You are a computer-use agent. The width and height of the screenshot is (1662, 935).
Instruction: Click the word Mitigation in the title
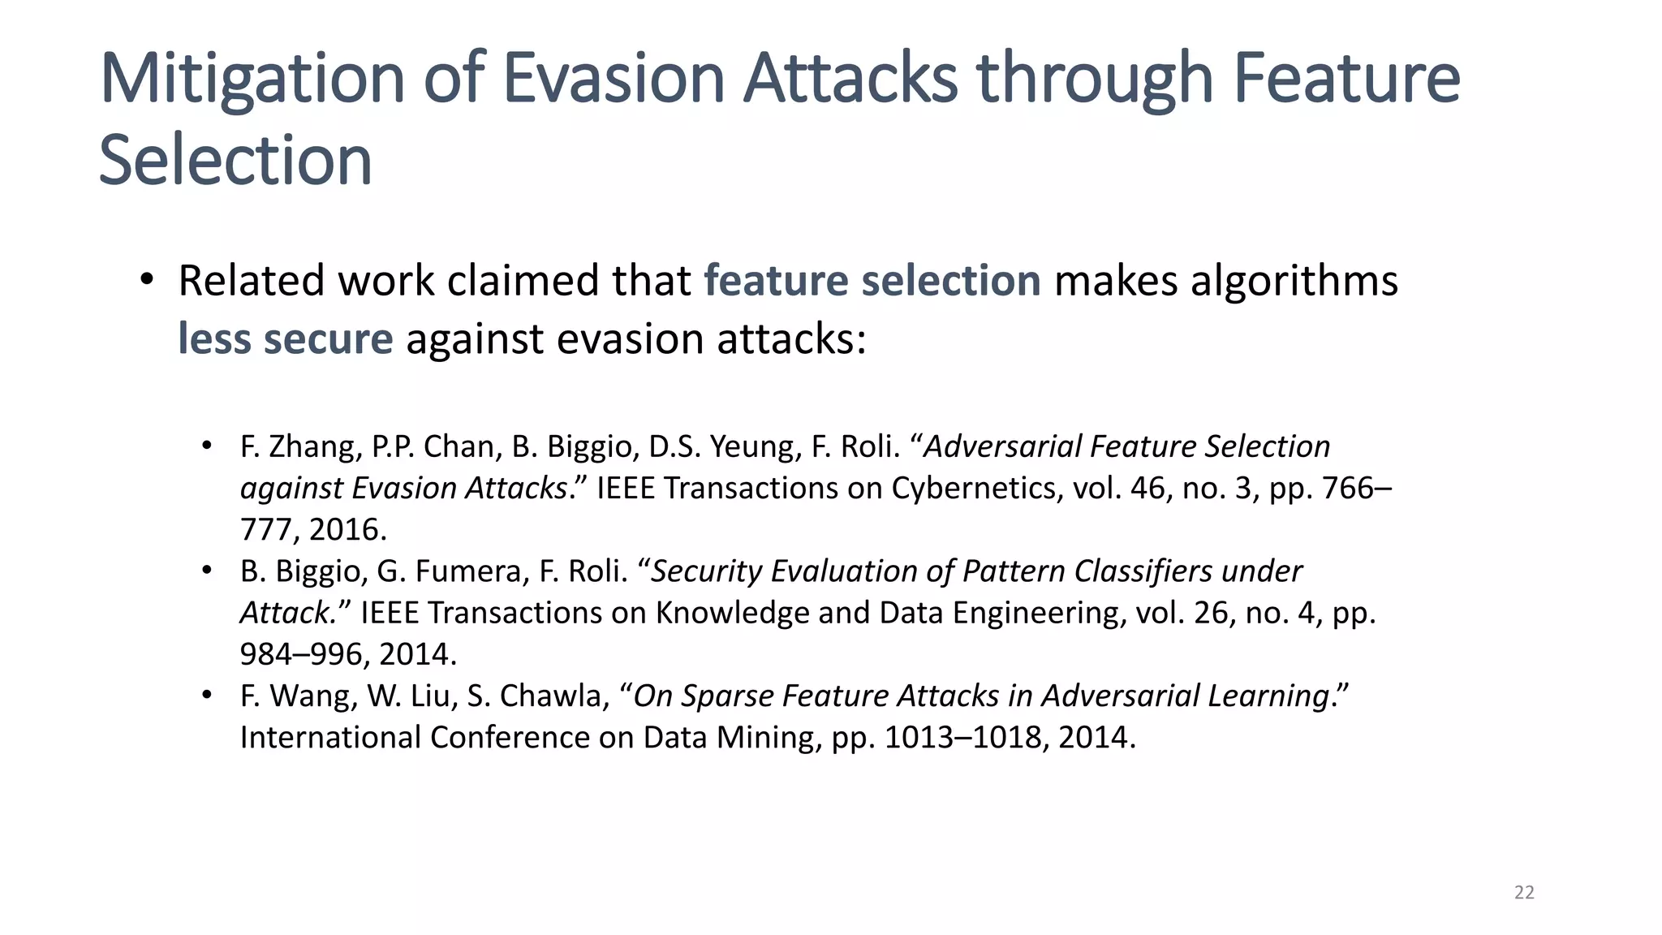tap(252, 79)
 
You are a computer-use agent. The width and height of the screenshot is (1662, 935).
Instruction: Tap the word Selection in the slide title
tap(235, 160)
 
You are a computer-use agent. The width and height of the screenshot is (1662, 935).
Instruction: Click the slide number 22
tap(1524, 893)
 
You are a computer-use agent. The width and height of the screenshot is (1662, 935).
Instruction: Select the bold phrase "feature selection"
tap(872, 281)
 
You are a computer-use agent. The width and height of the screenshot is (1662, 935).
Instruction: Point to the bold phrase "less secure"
tap(286, 338)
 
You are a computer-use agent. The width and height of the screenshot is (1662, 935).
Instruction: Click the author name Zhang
tap(315, 447)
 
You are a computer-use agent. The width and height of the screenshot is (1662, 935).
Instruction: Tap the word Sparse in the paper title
tap(726, 696)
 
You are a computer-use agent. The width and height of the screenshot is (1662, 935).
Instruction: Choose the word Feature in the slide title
tap(1347, 79)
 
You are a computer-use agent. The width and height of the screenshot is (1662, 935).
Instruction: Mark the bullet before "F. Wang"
tap(207, 696)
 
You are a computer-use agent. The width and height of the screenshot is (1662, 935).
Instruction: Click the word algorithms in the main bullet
tap(1294, 281)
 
